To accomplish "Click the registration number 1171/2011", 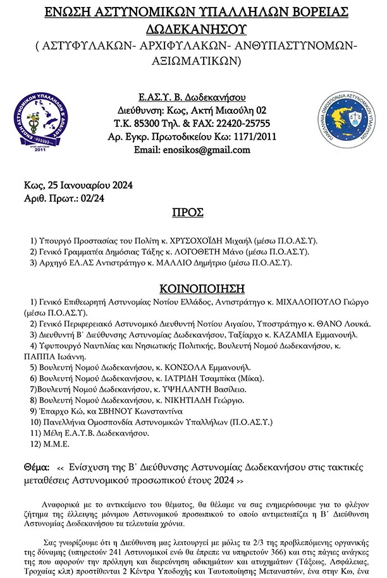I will [254, 136].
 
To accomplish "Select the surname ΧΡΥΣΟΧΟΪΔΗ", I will [209, 241].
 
